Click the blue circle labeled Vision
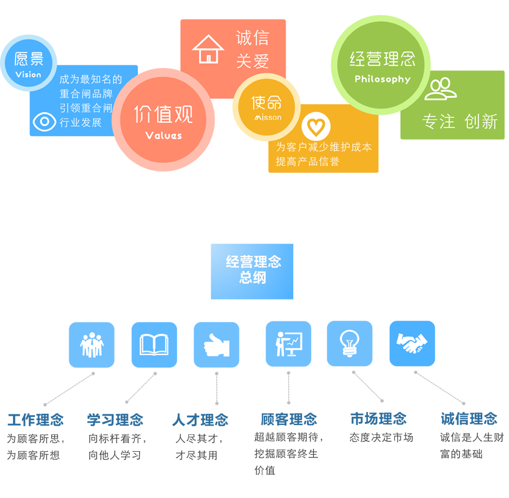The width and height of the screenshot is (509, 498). tap(28, 63)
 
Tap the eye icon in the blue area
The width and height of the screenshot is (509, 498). tap(44, 121)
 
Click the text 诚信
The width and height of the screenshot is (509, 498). tap(252, 37)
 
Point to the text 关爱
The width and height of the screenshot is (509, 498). tap(252, 61)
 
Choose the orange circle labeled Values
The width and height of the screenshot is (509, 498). tap(163, 120)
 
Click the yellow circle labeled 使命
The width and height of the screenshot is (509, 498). tap(267, 107)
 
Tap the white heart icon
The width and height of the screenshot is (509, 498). tap(316, 127)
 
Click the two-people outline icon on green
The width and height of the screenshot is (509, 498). tap(440, 89)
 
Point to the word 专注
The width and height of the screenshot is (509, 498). tap(439, 122)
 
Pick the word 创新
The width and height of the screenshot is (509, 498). tap(481, 122)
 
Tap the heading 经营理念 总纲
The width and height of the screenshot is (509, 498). tap(253, 270)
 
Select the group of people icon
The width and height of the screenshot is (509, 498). tap(92, 344)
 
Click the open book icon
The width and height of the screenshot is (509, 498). tap(154, 344)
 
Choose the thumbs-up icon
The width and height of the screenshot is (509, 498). tap(217, 345)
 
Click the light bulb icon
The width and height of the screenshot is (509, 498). tap(349, 343)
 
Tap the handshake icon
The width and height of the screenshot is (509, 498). tap(412, 343)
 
